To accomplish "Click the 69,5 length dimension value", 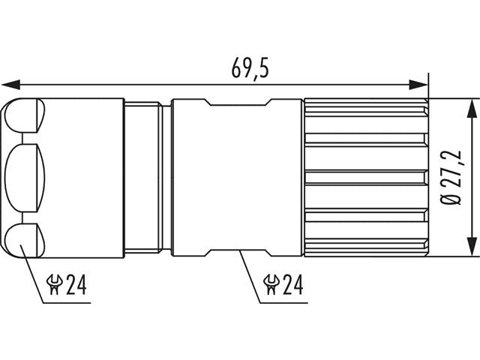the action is (x=250, y=67).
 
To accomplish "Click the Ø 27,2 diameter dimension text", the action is (x=452, y=178).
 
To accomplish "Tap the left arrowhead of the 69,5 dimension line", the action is (x=11, y=85).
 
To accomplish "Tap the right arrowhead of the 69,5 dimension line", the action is (x=418, y=85).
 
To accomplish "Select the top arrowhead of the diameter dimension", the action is (x=472, y=108).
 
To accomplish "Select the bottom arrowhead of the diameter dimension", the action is (x=472, y=246).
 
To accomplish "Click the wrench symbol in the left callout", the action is (x=54, y=284).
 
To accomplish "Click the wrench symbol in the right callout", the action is (x=271, y=284).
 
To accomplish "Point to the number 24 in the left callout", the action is (x=76, y=284).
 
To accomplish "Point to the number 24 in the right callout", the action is (x=293, y=284).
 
